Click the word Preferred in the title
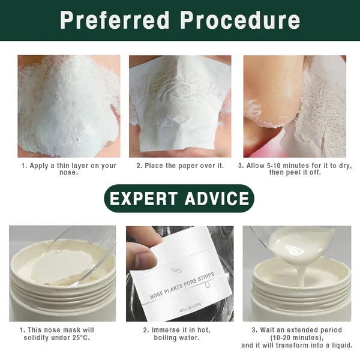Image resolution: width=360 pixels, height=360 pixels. tap(115, 20)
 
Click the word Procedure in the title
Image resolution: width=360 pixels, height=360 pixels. tap(240, 20)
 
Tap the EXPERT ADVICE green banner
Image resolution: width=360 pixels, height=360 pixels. tap(179, 199)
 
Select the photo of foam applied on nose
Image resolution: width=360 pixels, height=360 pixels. tap(69, 106)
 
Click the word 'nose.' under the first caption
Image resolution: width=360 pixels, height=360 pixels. tap(68, 172)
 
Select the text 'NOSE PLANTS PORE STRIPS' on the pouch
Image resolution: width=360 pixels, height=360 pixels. tap(182, 286)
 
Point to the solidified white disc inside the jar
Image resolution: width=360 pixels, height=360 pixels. tap(62, 266)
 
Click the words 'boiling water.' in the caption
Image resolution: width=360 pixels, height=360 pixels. tap(176, 338)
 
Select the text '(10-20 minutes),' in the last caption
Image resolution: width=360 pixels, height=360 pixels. tap(297, 338)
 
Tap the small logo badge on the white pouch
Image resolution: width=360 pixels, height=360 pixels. tap(175, 271)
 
